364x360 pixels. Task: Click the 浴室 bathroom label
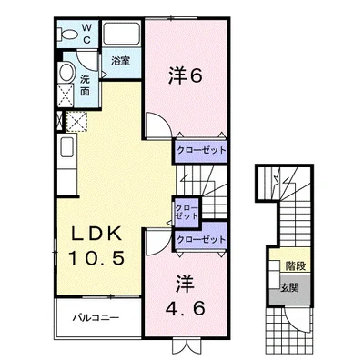point(120,63)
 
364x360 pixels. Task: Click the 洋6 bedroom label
point(184,77)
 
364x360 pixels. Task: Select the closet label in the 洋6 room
point(201,149)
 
